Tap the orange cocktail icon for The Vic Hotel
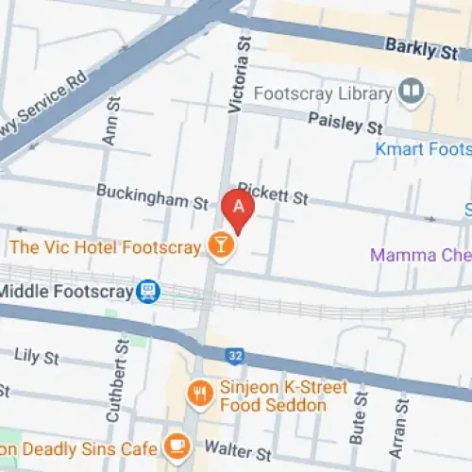221,247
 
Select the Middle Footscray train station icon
148,291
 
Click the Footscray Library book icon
410,93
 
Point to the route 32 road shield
235,356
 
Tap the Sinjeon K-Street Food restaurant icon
199,394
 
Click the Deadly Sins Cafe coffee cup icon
177,445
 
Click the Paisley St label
346,122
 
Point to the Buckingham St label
152,196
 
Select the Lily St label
38,357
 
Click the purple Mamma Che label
420,255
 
